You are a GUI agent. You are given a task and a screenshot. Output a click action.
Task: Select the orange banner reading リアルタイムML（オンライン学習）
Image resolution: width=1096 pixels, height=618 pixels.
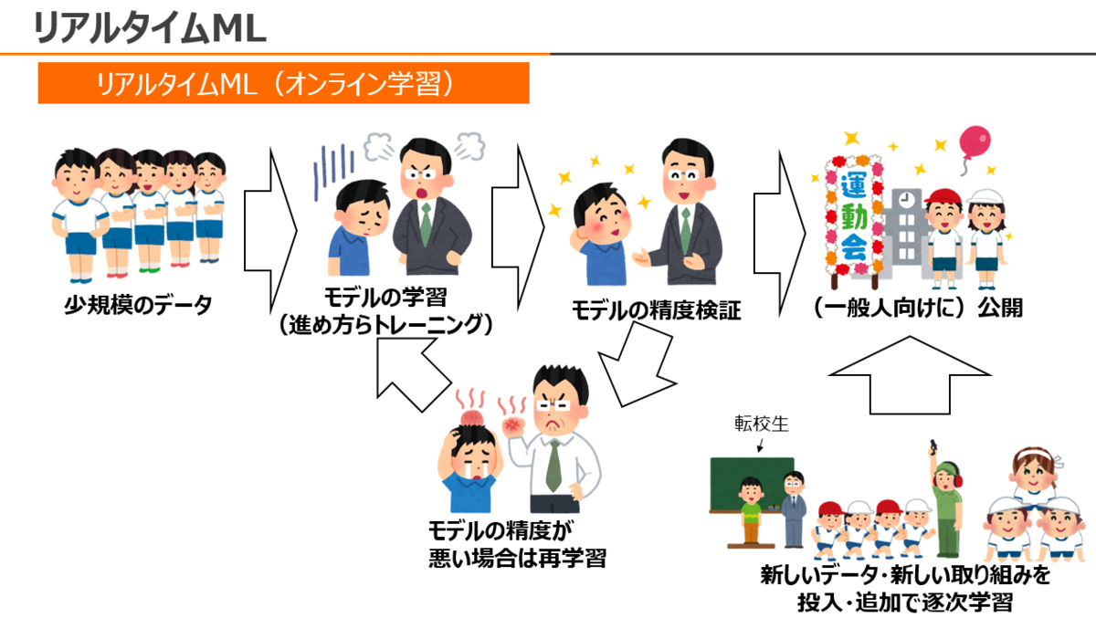[283, 85]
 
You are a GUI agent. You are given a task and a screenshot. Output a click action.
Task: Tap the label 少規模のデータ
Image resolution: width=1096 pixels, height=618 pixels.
[137, 305]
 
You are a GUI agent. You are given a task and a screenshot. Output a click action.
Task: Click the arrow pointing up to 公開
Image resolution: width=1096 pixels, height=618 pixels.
[910, 374]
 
